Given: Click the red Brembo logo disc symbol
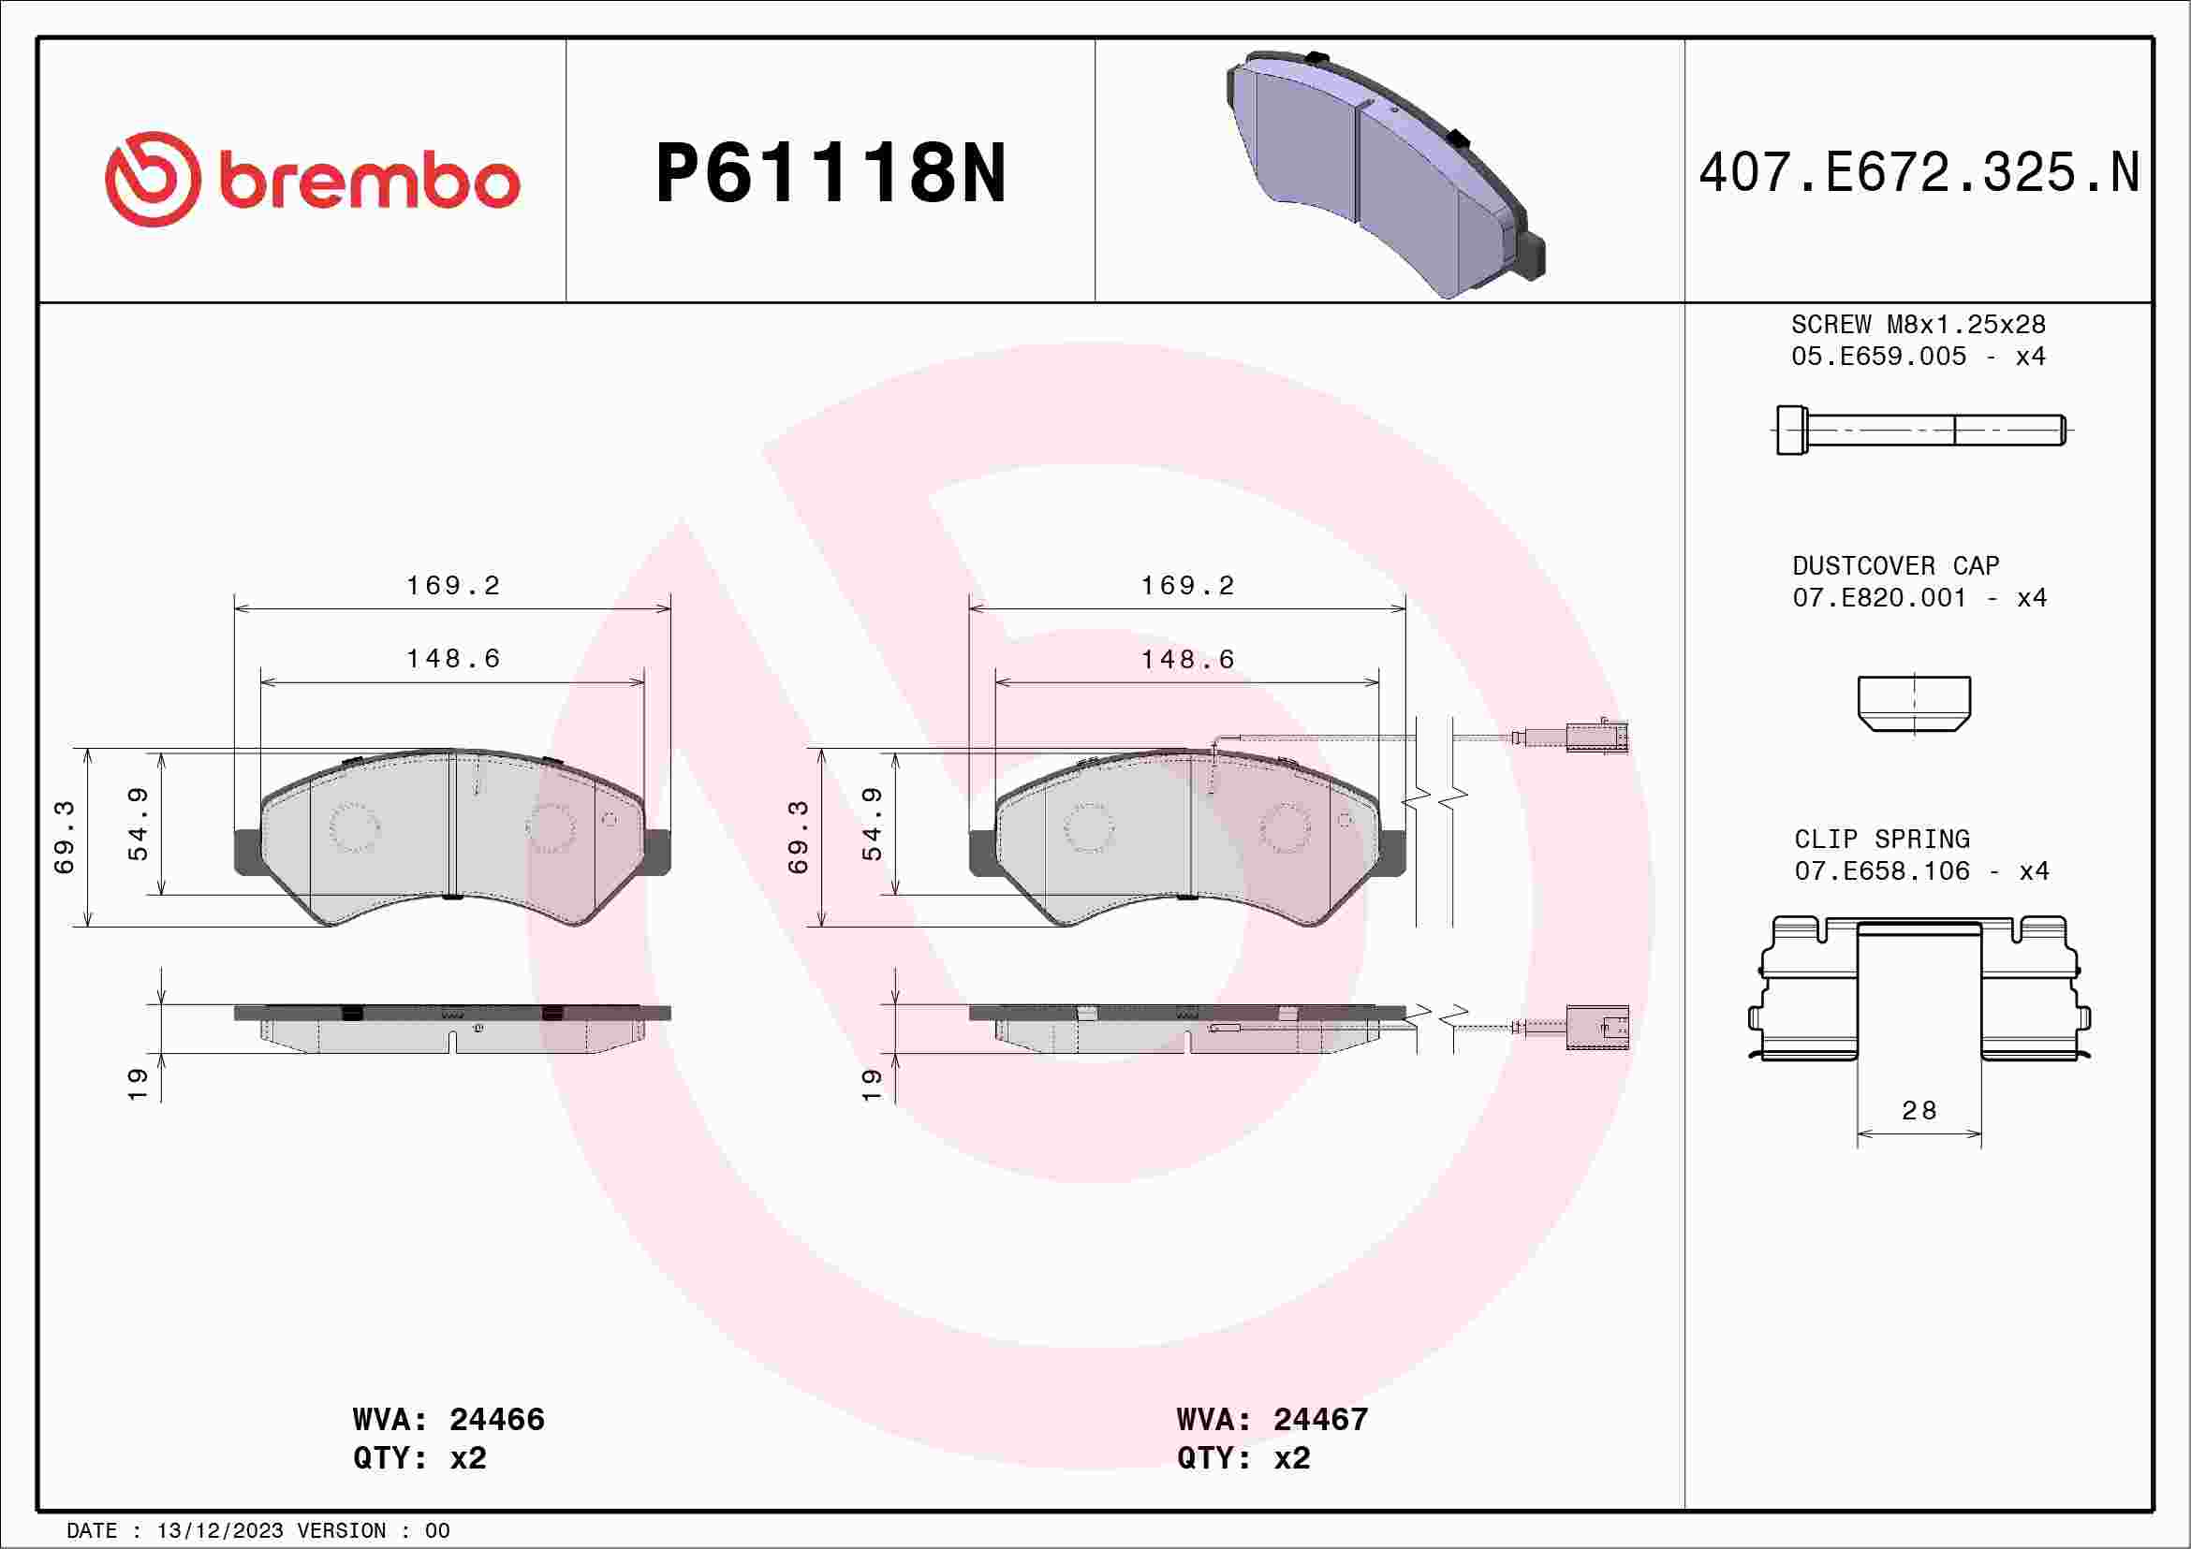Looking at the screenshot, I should (x=153, y=180).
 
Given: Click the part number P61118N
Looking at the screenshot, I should (x=831, y=173).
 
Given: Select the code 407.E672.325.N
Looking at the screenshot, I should (x=1919, y=173).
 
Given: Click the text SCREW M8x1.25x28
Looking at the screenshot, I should (x=1919, y=324).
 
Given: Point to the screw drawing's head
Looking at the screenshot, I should (x=1791, y=431).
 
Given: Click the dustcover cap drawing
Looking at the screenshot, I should (x=1913, y=703).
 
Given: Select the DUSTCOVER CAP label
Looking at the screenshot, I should (x=1895, y=565).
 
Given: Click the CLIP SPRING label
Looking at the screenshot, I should (x=1881, y=840).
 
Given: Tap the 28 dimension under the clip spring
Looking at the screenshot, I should (x=1919, y=1111).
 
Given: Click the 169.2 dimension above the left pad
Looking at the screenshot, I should (x=453, y=586).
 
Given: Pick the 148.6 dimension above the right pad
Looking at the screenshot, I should (x=1188, y=659).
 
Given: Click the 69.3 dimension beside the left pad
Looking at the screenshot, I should (x=64, y=837).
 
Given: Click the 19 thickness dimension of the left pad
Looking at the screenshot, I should (x=138, y=1085).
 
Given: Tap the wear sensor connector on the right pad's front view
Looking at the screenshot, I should (x=1596, y=738).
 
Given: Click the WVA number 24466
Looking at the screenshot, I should (x=496, y=1419).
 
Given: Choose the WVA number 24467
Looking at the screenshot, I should (x=1320, y=1419).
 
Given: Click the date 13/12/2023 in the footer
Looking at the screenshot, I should (x=219, y=1531).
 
